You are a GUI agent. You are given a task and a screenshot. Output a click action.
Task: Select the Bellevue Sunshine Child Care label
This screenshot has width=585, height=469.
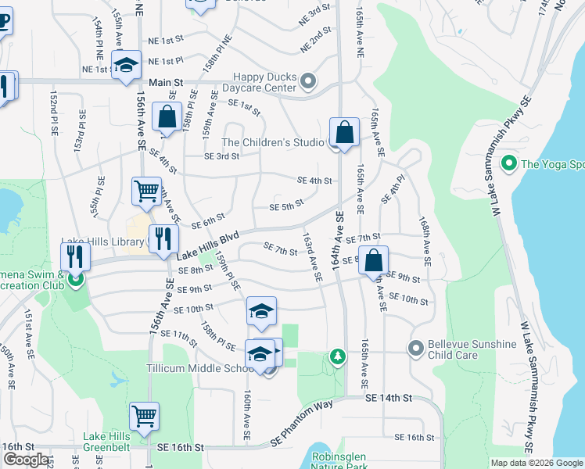pyautogui.click(x=472, y=350)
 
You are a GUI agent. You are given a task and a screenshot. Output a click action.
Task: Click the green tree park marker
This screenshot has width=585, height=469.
pyautogui.click(x=337, y=357)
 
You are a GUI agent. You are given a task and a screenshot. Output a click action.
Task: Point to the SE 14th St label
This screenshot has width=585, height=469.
pyautogui.click(x=389, y=399)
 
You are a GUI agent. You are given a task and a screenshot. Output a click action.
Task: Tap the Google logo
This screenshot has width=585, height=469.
pyautogui.click(x=26, y=460)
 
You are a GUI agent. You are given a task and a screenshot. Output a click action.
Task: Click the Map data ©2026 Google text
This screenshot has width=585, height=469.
pyautogui.click(x=537, y=463)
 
